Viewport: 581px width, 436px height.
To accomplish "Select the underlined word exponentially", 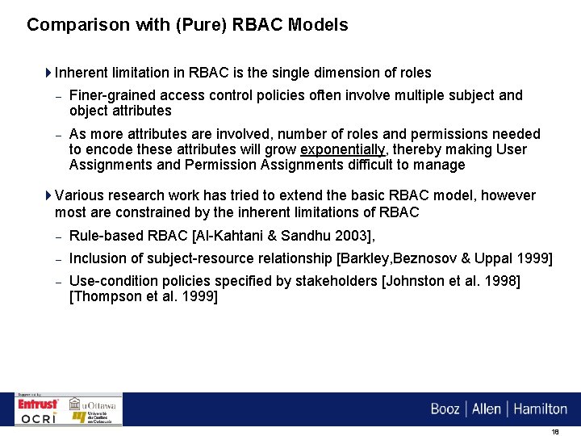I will click(343, 149).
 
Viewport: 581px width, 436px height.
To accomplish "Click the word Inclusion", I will click(100, 258).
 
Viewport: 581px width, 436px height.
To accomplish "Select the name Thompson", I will click(108, 296).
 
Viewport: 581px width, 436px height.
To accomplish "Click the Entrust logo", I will click(39, 404).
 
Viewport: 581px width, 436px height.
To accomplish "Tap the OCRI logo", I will click(39, 418).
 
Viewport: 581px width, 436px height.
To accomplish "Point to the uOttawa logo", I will click(94, 404).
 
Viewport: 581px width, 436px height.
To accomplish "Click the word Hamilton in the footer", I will click(541, 409).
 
